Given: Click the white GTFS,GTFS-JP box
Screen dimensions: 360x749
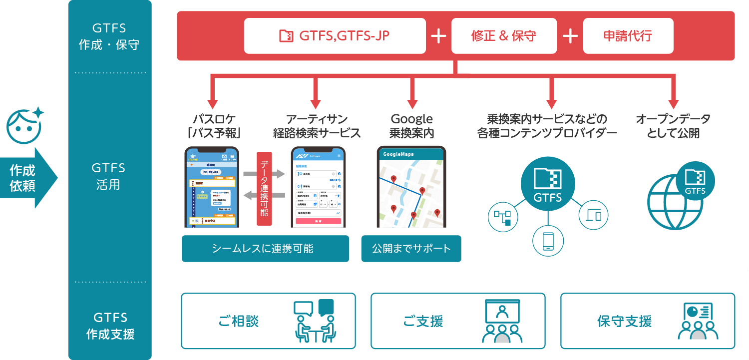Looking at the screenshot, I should [335, 36].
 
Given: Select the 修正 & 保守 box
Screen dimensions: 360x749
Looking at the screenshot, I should [503, 36].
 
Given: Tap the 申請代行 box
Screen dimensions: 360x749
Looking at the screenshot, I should [628, 36].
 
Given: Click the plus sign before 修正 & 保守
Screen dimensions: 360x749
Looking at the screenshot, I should [438, 36].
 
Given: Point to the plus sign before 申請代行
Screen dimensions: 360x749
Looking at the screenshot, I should [570, 36].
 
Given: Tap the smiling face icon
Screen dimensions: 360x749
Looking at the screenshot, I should [24, 124].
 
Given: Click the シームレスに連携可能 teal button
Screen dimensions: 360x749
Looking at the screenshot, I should [265, 249].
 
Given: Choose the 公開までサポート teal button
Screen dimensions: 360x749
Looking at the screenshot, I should [411, 249].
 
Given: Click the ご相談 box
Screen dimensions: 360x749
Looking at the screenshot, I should [268, 321].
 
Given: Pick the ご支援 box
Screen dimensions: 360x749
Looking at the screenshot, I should [457, 321].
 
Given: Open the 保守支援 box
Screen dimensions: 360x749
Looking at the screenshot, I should [647, 321].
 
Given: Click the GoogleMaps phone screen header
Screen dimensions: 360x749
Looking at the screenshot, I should [411, 154].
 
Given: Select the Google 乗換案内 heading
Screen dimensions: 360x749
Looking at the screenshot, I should [411, 126].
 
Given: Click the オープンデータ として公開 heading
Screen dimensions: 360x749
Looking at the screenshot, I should [673, 126].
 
